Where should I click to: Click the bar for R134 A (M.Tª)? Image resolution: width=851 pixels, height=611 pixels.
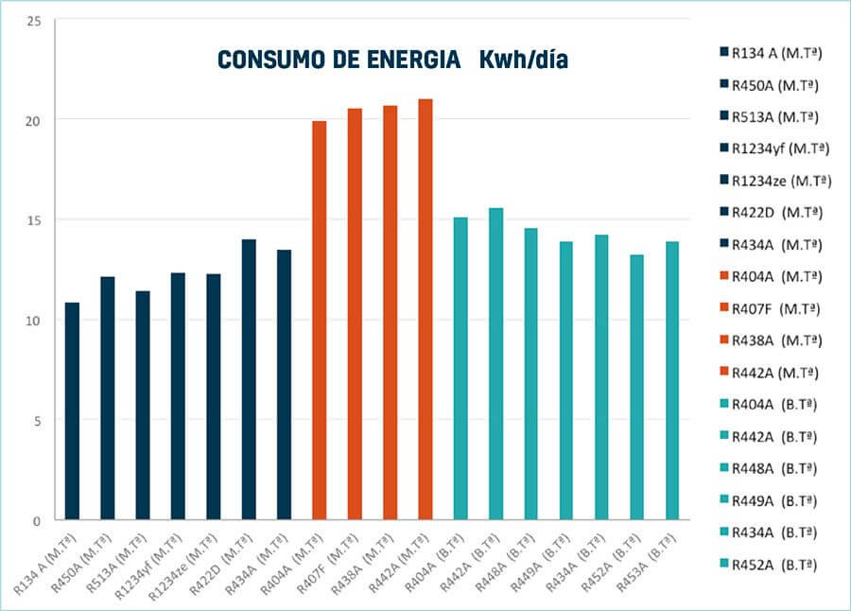coord(72,411)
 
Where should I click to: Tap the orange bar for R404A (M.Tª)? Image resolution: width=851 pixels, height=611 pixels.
coord(320,321)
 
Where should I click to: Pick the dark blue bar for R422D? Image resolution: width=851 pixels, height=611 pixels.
coord(249,379)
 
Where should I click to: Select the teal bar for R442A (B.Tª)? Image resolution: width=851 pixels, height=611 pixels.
coord(495,364)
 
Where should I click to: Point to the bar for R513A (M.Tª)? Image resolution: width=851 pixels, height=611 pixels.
coord(143,406)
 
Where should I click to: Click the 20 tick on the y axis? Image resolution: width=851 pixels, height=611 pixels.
coord(34,120)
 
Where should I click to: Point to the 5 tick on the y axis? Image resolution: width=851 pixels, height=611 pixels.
coord(37,421)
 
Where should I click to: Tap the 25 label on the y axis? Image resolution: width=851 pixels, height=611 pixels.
coord(34,20)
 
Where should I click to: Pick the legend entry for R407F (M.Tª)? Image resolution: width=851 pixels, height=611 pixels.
coord(774,308)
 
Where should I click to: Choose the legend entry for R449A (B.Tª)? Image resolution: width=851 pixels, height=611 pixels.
coord(773,500)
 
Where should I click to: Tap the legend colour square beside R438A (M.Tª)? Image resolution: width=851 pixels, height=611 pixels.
coord(723,340)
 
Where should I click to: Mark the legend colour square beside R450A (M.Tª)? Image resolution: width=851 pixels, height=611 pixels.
coord(723,85)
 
